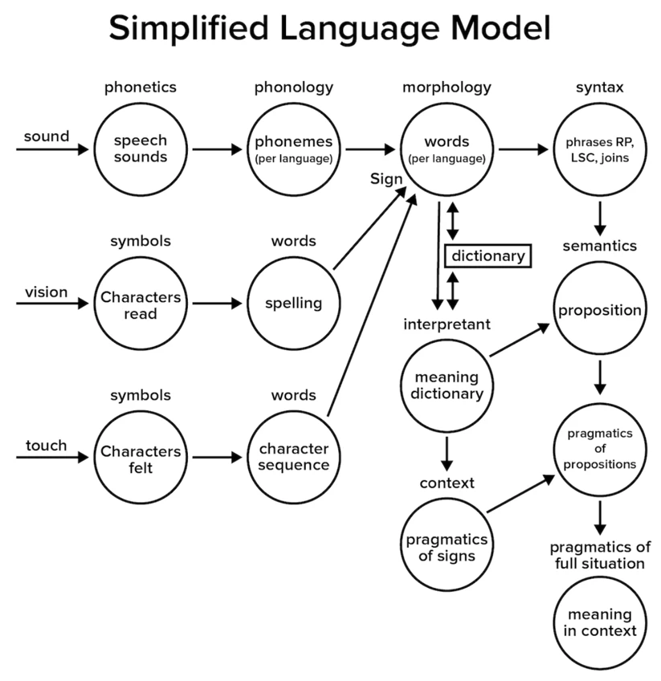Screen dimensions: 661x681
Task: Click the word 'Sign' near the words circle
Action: [x=386, y=179]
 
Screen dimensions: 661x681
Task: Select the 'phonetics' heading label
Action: [x=141, y=88]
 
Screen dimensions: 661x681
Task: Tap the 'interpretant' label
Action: [x=447, y=324]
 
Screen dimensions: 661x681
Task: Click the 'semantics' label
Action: [x=600, y=246]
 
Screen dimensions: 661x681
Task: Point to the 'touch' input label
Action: [x=46, y=446]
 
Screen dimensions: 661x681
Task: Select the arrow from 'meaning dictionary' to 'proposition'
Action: [x=520, y=340]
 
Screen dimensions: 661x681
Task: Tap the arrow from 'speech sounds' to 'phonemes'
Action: [x=217, y=149]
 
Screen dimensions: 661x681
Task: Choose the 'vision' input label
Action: [x=46, y=292]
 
